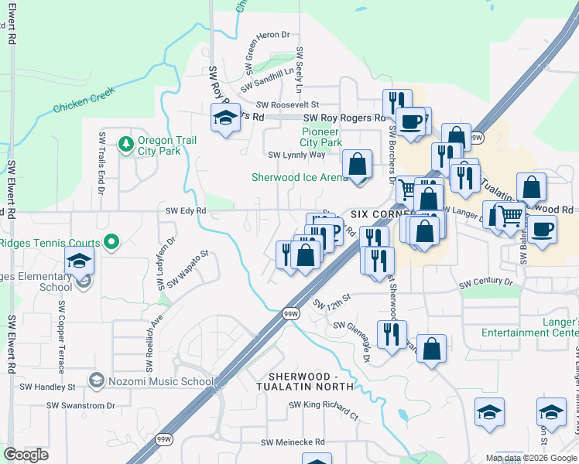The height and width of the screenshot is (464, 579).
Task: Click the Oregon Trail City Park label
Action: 166,145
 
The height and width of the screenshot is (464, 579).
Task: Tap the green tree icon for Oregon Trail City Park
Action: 125,144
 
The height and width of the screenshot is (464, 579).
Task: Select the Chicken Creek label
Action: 84,101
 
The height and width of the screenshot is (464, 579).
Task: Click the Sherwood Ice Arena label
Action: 300,177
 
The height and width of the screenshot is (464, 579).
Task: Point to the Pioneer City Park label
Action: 320,137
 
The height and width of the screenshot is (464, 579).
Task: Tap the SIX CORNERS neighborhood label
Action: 377,213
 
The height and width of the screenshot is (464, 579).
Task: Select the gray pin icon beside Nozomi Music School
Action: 96,380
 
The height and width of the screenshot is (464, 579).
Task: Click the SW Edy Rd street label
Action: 186,210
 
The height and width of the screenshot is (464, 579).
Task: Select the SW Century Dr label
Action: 485,284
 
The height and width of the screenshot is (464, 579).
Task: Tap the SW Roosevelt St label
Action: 287,104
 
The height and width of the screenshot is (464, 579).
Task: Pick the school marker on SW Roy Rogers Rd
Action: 225,119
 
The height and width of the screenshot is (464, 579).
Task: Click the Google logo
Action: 26,455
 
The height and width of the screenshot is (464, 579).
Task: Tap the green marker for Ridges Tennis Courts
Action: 111,243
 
